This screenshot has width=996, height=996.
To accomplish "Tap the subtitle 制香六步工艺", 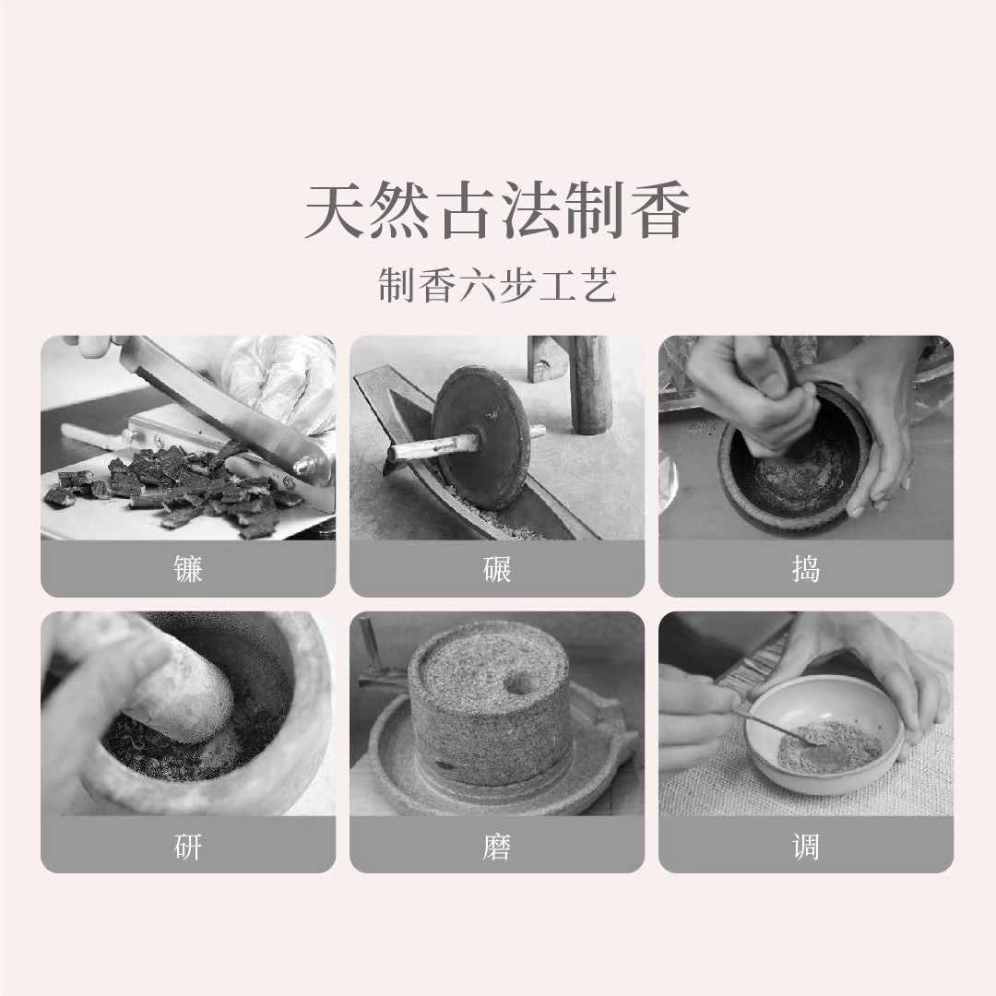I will [x=497, y=286].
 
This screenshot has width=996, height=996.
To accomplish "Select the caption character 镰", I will [x=188, y=569].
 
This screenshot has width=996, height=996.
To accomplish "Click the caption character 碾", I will [x=497, y=569].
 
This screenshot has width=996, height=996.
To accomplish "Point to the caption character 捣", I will [x=805, y=569].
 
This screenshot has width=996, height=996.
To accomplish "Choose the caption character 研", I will [x=188, y=846].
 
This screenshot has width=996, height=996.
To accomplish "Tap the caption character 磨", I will [x=497, y=846].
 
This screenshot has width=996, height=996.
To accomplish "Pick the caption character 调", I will [x=805, y=846].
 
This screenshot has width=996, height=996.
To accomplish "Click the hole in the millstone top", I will [x=519, y=683].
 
